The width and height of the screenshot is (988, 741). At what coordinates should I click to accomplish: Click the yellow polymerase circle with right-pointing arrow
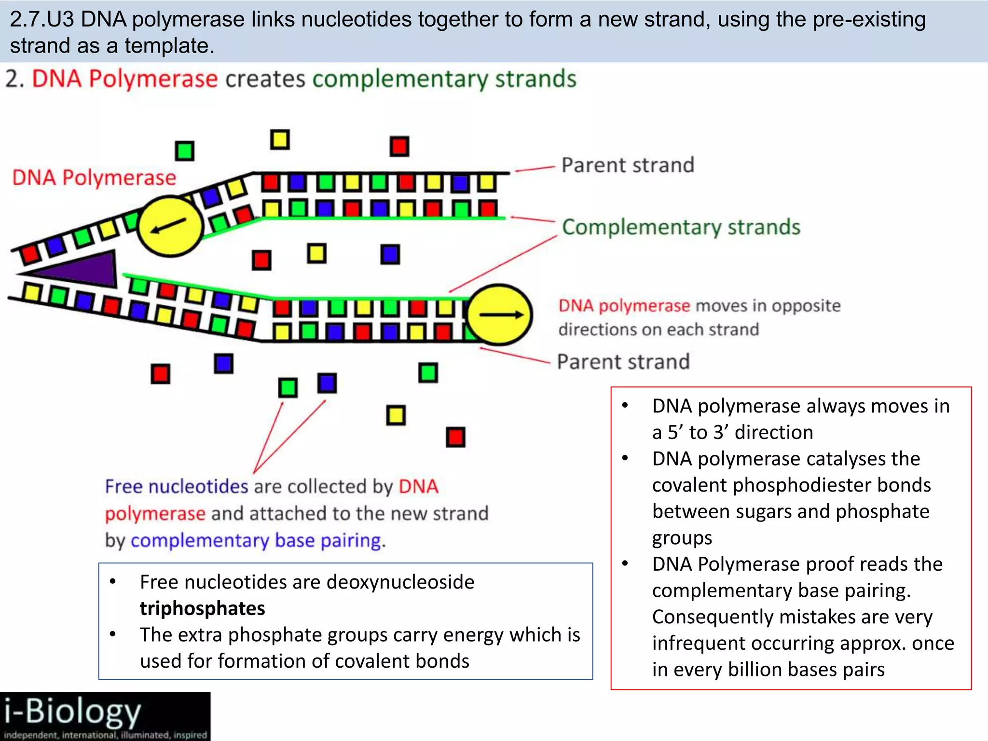click(x=500, y=315)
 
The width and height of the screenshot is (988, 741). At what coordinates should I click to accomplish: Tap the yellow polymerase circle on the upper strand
click(x=170, y=226)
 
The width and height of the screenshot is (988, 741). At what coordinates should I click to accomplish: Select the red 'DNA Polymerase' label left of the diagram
click(x=94, y=178)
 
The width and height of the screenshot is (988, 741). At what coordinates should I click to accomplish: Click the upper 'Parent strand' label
click(x=628, y=165)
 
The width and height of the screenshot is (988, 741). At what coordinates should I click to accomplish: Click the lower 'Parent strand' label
click(x=623, y=362)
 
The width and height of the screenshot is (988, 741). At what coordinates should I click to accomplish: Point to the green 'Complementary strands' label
click(x=681, y=227)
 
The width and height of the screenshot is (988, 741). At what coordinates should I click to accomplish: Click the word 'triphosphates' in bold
click(x=202, y=608)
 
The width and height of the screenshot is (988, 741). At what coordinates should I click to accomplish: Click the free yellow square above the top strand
click(x=280, y=140)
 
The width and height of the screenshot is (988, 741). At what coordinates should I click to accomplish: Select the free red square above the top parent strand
click(x=399, y=146)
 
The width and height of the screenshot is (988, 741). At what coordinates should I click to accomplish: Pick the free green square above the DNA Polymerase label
click(x=184, y=151)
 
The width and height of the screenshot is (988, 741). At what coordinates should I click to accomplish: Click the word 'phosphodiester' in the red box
click(x=791, y=485)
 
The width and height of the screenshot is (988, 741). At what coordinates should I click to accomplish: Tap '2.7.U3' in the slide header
click(x=42, y=19)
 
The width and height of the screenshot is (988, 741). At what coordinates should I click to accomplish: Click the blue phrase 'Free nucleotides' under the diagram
click(x=177, y=486)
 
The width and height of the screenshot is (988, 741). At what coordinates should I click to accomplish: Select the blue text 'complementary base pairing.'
click(x=258, y=540)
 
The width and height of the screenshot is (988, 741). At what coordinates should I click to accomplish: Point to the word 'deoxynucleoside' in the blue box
click(x=400, y=582)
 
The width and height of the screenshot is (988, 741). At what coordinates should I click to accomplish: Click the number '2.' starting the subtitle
click(x=14, y=79)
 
